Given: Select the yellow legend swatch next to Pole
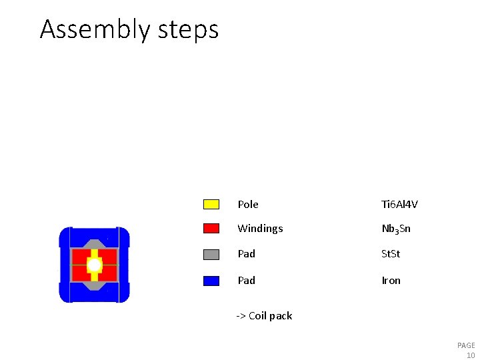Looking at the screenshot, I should point(211,204).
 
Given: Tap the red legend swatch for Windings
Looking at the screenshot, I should point(211,229).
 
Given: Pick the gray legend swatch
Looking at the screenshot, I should point(211,254).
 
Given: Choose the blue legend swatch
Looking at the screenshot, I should point(211,281).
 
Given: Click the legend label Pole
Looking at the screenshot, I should point(248,205).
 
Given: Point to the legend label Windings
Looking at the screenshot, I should point(260,229).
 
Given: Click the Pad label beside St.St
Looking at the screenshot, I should point(247,254).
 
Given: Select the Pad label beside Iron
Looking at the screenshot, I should point(247,281).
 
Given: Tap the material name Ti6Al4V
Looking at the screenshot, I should point(399,205).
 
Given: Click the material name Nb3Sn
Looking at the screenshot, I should point(396,229).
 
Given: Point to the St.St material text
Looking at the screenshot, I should point(391,254).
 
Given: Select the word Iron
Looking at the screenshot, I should point(391,281).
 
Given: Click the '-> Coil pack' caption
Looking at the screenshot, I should point(264,316).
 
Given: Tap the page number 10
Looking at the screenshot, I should point(470,355).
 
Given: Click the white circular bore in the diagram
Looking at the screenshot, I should point(95,265).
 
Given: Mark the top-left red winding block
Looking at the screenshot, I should point(81,257).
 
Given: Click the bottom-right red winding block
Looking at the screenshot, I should point(108,273).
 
